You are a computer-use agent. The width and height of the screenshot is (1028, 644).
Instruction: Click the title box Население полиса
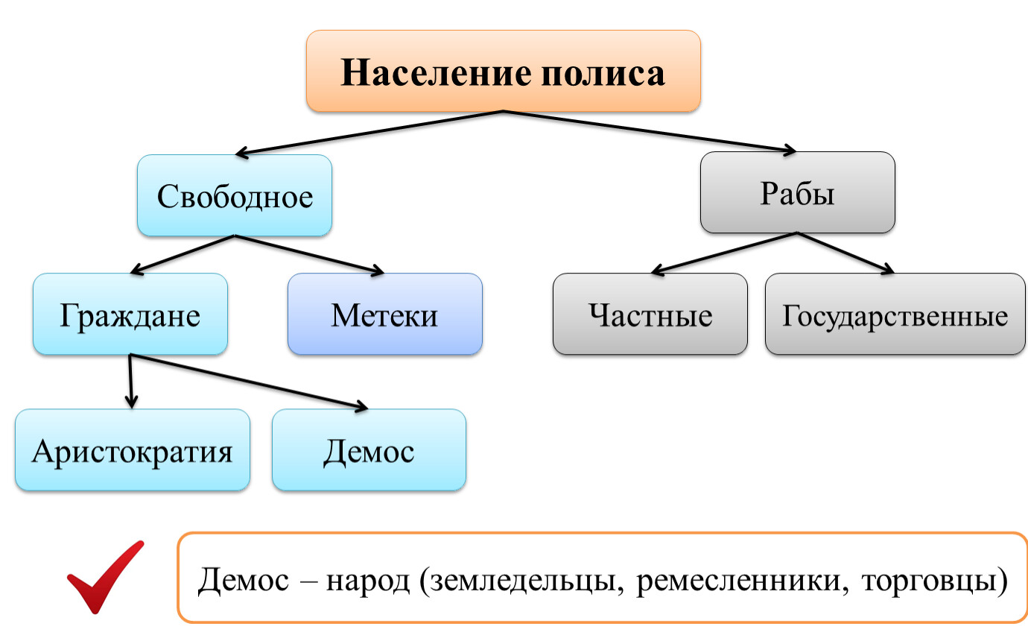click(x=503, y=72)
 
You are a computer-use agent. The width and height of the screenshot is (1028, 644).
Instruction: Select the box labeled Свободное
click(x=235, y=196)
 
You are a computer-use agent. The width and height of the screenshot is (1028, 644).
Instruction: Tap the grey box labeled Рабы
click(x=797, y=193)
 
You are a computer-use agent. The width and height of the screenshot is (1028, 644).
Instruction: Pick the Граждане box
click(x=130, y=314)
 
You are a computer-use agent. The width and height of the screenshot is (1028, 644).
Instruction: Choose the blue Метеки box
click(x=384, y=314)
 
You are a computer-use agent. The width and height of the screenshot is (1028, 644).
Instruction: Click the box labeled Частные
click(x=650, y=314)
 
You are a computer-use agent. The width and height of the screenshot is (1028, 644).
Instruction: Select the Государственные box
click(x=895, y=314)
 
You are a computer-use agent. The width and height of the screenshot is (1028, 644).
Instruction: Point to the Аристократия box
click(x=132, y=450)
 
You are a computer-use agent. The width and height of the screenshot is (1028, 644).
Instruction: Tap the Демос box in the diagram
click(x=369, y=450)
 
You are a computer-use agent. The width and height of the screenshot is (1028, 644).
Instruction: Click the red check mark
click(x=104, y=578)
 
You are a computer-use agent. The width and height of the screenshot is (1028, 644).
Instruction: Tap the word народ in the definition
click(x=368, y=580)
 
